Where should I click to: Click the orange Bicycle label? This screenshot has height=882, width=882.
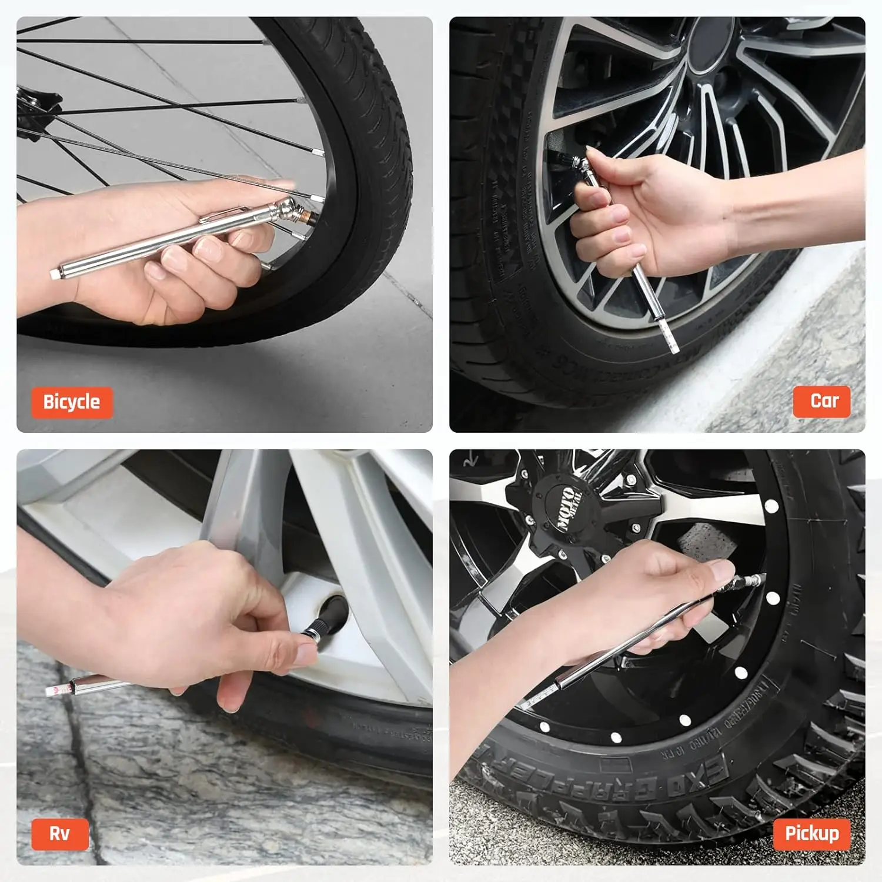point(71,402)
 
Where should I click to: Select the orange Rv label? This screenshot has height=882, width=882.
point(59,833)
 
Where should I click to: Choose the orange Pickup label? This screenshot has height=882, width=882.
point(811,833)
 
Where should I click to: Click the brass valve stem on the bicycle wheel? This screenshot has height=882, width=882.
point(306,219)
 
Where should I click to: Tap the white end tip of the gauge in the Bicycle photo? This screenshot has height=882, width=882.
point(56,272)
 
